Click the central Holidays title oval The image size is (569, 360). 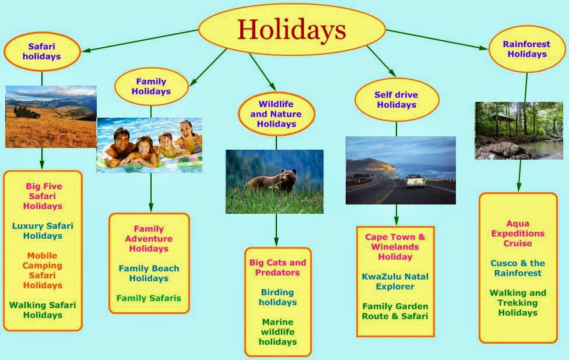click(x=291, y=29)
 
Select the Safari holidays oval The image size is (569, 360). click(x=41, y=52)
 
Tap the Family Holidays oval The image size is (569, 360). click(x=151, y=86)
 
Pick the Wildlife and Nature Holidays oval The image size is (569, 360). click(x=276, y=114)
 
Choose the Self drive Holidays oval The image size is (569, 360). click(x=396, y=100)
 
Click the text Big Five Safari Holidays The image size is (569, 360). click(x=44, y=196)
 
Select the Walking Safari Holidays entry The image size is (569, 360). click(x=43, y=310)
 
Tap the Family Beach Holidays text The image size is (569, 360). click(x=149, y=273)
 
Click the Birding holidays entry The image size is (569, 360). click(x=278, y=297)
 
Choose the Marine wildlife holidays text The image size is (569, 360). click(x=278, y=331)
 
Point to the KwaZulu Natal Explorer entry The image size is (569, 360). click(x=395, y=281)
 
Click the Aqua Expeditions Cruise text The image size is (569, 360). click(x=518, y=234)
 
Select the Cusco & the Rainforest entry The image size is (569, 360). click(x=518, y=268)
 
